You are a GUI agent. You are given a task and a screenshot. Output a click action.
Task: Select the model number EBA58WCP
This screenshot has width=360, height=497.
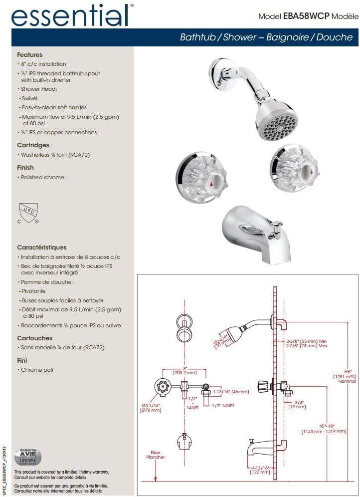click(306, 16)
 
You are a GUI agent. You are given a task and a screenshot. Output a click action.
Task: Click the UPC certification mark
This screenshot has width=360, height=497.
click(28, 213)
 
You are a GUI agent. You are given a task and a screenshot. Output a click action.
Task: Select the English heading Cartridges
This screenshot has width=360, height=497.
click(33, 145)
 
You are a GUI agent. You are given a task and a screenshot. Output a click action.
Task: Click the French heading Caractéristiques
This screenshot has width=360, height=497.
click(41, 248)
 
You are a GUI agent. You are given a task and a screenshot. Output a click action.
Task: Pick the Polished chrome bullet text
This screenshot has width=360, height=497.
click(42, 178)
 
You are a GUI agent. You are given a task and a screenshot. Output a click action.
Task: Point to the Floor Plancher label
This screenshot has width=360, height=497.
click(155, 455)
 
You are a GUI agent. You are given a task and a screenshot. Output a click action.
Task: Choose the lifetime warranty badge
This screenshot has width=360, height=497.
click(28, 457)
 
